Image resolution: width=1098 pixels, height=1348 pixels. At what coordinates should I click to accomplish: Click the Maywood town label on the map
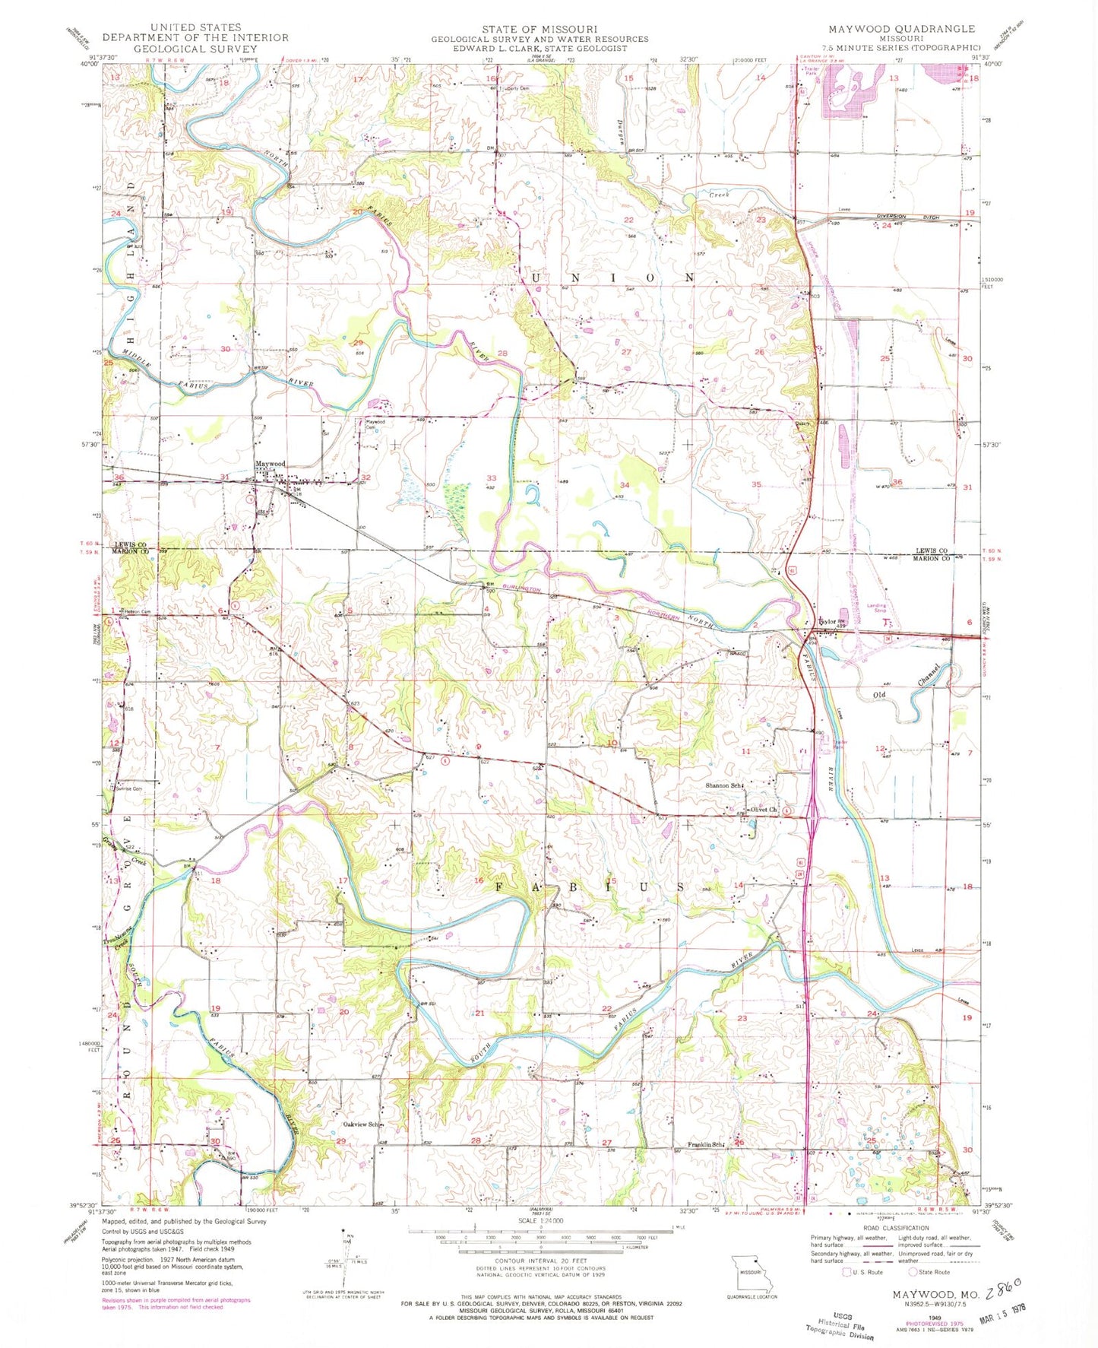[x=270, y=463]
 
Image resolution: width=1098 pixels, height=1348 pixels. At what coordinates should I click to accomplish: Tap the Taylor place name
[x=826, y=620]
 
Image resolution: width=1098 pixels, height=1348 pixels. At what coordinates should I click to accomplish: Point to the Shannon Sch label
[x=723, y=785]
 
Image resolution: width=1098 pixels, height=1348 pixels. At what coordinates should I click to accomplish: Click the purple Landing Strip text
[x=876, y=607]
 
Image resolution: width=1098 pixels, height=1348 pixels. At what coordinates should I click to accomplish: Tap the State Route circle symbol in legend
[x=913, y=1272]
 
